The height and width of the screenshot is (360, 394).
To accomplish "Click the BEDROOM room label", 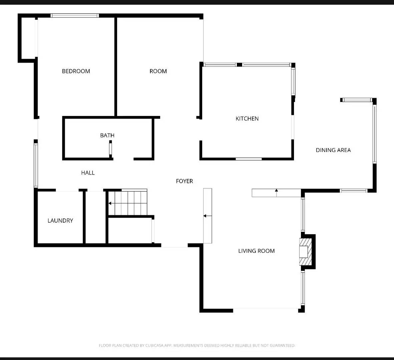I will coord(76,71).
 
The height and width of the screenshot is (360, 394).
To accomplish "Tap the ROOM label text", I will coord(158,71).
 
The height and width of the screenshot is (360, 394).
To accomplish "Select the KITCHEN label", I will coord(247,118).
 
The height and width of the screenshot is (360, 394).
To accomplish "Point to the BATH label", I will coord(107,135).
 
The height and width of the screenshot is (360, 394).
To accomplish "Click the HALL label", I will coord(88,173).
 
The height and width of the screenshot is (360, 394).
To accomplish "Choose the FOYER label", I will coord(184,181).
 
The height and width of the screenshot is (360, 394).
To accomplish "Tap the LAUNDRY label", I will coord(60,220).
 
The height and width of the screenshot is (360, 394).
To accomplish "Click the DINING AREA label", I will coord(333,150).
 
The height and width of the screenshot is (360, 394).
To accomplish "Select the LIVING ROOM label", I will coord(256,251).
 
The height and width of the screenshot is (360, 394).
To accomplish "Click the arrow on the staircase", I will coord(110,203).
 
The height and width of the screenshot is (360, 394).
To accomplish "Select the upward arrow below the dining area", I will coord(276,191).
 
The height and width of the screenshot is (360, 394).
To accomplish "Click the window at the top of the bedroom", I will coord(75,15).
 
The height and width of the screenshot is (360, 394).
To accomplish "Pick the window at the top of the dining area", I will coord(357,100).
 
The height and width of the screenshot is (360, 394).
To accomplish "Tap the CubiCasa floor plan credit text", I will coord(197,345).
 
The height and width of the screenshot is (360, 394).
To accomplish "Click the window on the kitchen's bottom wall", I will coord(249,159).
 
